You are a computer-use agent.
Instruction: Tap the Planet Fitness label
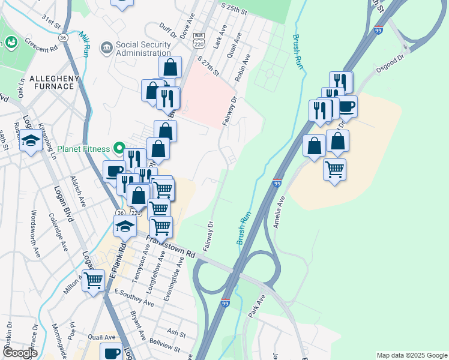[84, 148]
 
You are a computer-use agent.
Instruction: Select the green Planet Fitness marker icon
[119, 148]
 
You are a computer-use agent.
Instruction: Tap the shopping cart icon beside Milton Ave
[93, 280]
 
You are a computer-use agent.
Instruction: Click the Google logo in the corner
[20, 353]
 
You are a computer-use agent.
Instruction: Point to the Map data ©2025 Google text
[411, 355]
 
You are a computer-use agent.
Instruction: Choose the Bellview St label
[164, 347]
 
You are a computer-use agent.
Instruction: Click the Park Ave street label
[256, 306]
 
